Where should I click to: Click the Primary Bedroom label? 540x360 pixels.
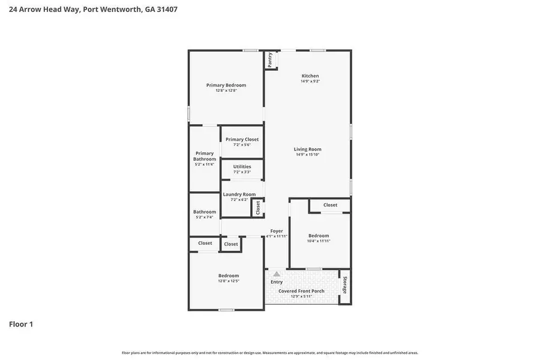click(226, 85)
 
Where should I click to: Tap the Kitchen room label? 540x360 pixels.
click(310, 76)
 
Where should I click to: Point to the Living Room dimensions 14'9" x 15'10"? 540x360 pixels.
click(307, 155)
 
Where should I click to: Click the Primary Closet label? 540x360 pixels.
click(242, 139)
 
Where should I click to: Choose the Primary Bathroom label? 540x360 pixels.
click(205, 156)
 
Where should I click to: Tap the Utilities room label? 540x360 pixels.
click(242, 167)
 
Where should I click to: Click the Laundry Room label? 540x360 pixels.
click(239, 194)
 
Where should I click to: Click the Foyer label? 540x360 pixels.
click(277, 231)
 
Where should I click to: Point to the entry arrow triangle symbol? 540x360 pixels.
click(277, 274)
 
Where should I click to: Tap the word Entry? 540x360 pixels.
click(277, 282)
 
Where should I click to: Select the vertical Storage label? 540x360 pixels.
click(344, 285)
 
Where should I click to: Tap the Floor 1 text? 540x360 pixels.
click(21, 324)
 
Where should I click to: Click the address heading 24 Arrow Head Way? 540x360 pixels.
click(93, 10)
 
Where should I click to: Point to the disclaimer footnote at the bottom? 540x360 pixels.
click(270, 353)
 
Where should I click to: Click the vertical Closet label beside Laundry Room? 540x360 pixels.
click(258, 208)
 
